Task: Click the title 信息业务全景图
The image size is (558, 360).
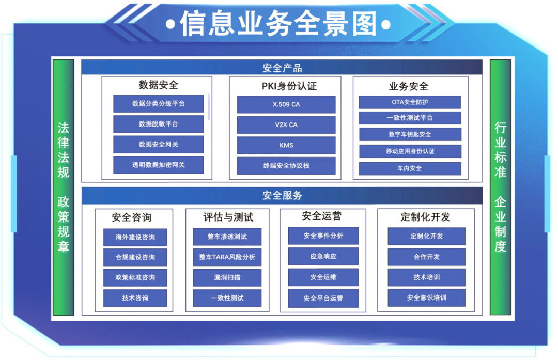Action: pos(278,24)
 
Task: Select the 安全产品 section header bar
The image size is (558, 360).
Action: pos(282,67)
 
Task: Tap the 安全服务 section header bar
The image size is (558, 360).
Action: pos(282,195)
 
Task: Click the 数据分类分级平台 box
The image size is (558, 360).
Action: pos(159,103)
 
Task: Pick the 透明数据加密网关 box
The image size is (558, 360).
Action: pos(159,165)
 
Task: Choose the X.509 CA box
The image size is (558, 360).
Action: pos(286,104)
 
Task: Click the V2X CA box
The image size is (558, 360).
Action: pos(286,125)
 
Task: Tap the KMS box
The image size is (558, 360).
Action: pos(286,145)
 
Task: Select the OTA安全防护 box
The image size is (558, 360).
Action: pos(410,102)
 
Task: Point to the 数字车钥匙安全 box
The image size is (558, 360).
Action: pos(410,134)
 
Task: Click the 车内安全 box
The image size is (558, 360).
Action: pos(410,168)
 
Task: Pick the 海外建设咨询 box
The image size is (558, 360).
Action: pos(135,237)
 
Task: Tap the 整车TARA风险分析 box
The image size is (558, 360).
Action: pos(227,257)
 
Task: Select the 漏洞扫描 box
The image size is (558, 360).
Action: pos(227,277)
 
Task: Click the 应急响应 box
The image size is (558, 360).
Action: pos(323,256)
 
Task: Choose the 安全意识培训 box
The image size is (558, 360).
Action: pos(426,298)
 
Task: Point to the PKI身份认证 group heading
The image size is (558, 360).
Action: pos(289,86)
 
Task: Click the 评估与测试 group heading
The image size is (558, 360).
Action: pos(228,217)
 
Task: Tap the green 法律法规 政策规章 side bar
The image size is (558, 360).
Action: pos(64,187)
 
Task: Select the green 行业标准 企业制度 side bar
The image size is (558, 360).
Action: pos(500,187)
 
